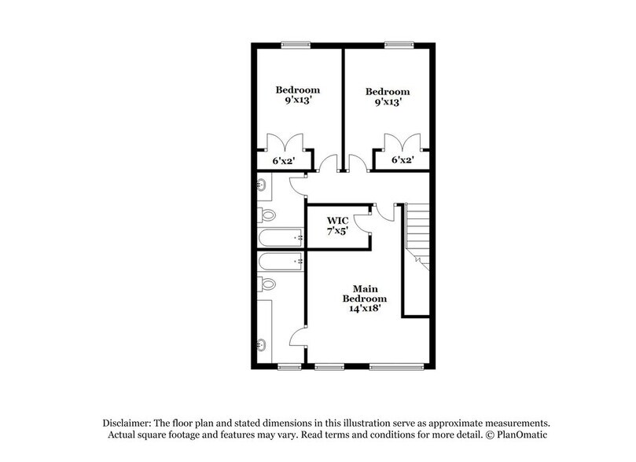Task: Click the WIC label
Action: [338, 220]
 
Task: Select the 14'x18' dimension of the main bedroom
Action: [364, 309]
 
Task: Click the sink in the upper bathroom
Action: [261, 185]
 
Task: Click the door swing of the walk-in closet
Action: [362, 222]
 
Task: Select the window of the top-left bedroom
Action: [296, 44]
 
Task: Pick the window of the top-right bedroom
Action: [399, 44]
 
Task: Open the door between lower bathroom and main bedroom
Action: [298, 337]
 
